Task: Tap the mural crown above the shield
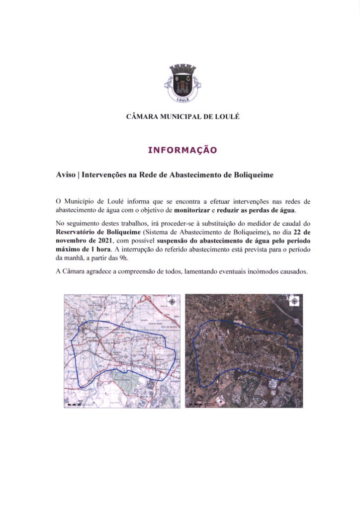180,68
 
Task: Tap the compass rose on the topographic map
172,301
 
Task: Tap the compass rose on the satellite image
295,301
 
